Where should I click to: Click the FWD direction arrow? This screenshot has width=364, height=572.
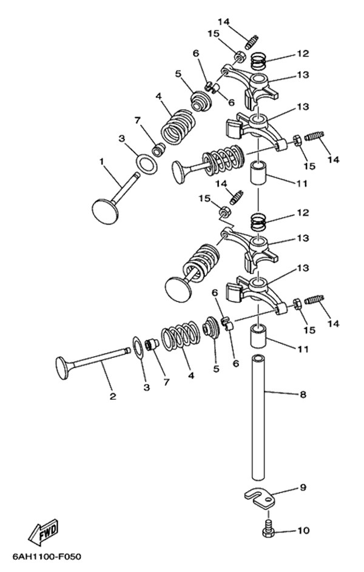[x=43, y=530]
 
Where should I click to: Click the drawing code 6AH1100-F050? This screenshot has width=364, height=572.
[x=47, y=557]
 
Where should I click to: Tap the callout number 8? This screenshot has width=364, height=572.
[x=303, y=394]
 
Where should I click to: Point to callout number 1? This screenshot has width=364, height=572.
[x=102, y=161]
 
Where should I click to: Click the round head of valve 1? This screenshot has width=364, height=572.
[x=105, y=210]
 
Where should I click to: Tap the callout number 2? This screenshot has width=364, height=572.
[x=113, y=397]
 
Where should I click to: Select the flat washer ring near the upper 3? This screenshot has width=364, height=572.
[x=147, y=164]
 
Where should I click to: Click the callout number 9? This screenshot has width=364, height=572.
[x=303, y=487]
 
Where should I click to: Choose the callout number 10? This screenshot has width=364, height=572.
[x=303, y=530]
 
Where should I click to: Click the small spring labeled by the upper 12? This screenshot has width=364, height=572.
[x=260, y=61]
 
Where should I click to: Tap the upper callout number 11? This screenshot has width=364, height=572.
[x=302, y=183]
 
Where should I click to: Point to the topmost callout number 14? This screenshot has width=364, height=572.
[x=224, y=21]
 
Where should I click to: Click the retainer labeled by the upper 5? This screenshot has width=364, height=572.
[x=201, y=100]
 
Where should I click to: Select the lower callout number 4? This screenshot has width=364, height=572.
[x=190, y=375]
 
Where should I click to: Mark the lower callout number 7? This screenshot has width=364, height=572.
[x=166, y=382]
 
